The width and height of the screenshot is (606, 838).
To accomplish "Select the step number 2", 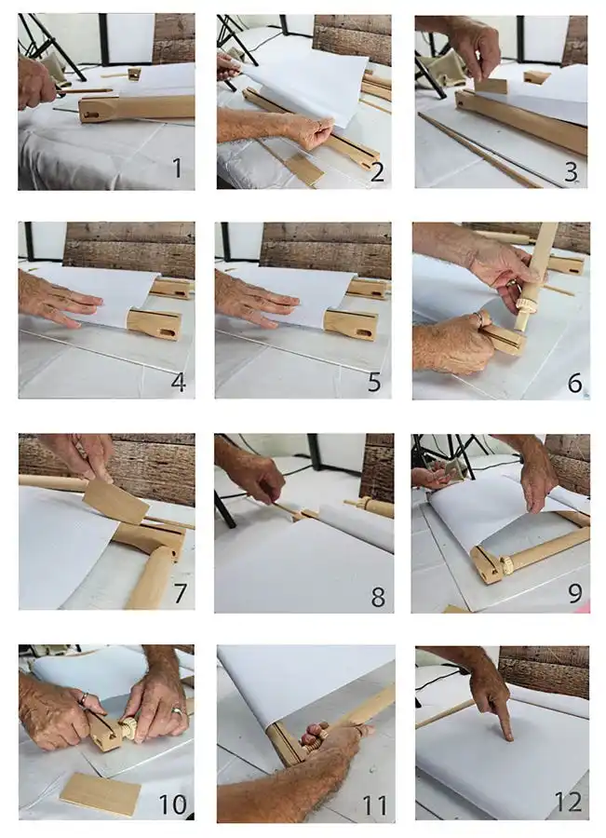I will click(377, 171).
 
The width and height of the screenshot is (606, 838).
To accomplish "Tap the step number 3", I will click(572, 170).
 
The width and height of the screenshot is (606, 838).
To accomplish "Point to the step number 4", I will click(178, 382).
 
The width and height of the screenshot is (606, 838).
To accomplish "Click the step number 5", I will click(376, 382).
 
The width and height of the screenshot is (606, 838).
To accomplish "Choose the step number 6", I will click(573, 382).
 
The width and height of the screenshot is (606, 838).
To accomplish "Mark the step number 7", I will click(178, 594).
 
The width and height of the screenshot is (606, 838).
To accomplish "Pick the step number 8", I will click(377, 596).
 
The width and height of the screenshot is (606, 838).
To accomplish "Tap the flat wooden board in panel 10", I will click(101, 792).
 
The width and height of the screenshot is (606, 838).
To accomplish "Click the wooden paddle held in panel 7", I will click(115, 503).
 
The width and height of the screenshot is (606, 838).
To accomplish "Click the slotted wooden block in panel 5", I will click(351, 323).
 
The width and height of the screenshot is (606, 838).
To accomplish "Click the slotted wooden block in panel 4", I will click(155, 323).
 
